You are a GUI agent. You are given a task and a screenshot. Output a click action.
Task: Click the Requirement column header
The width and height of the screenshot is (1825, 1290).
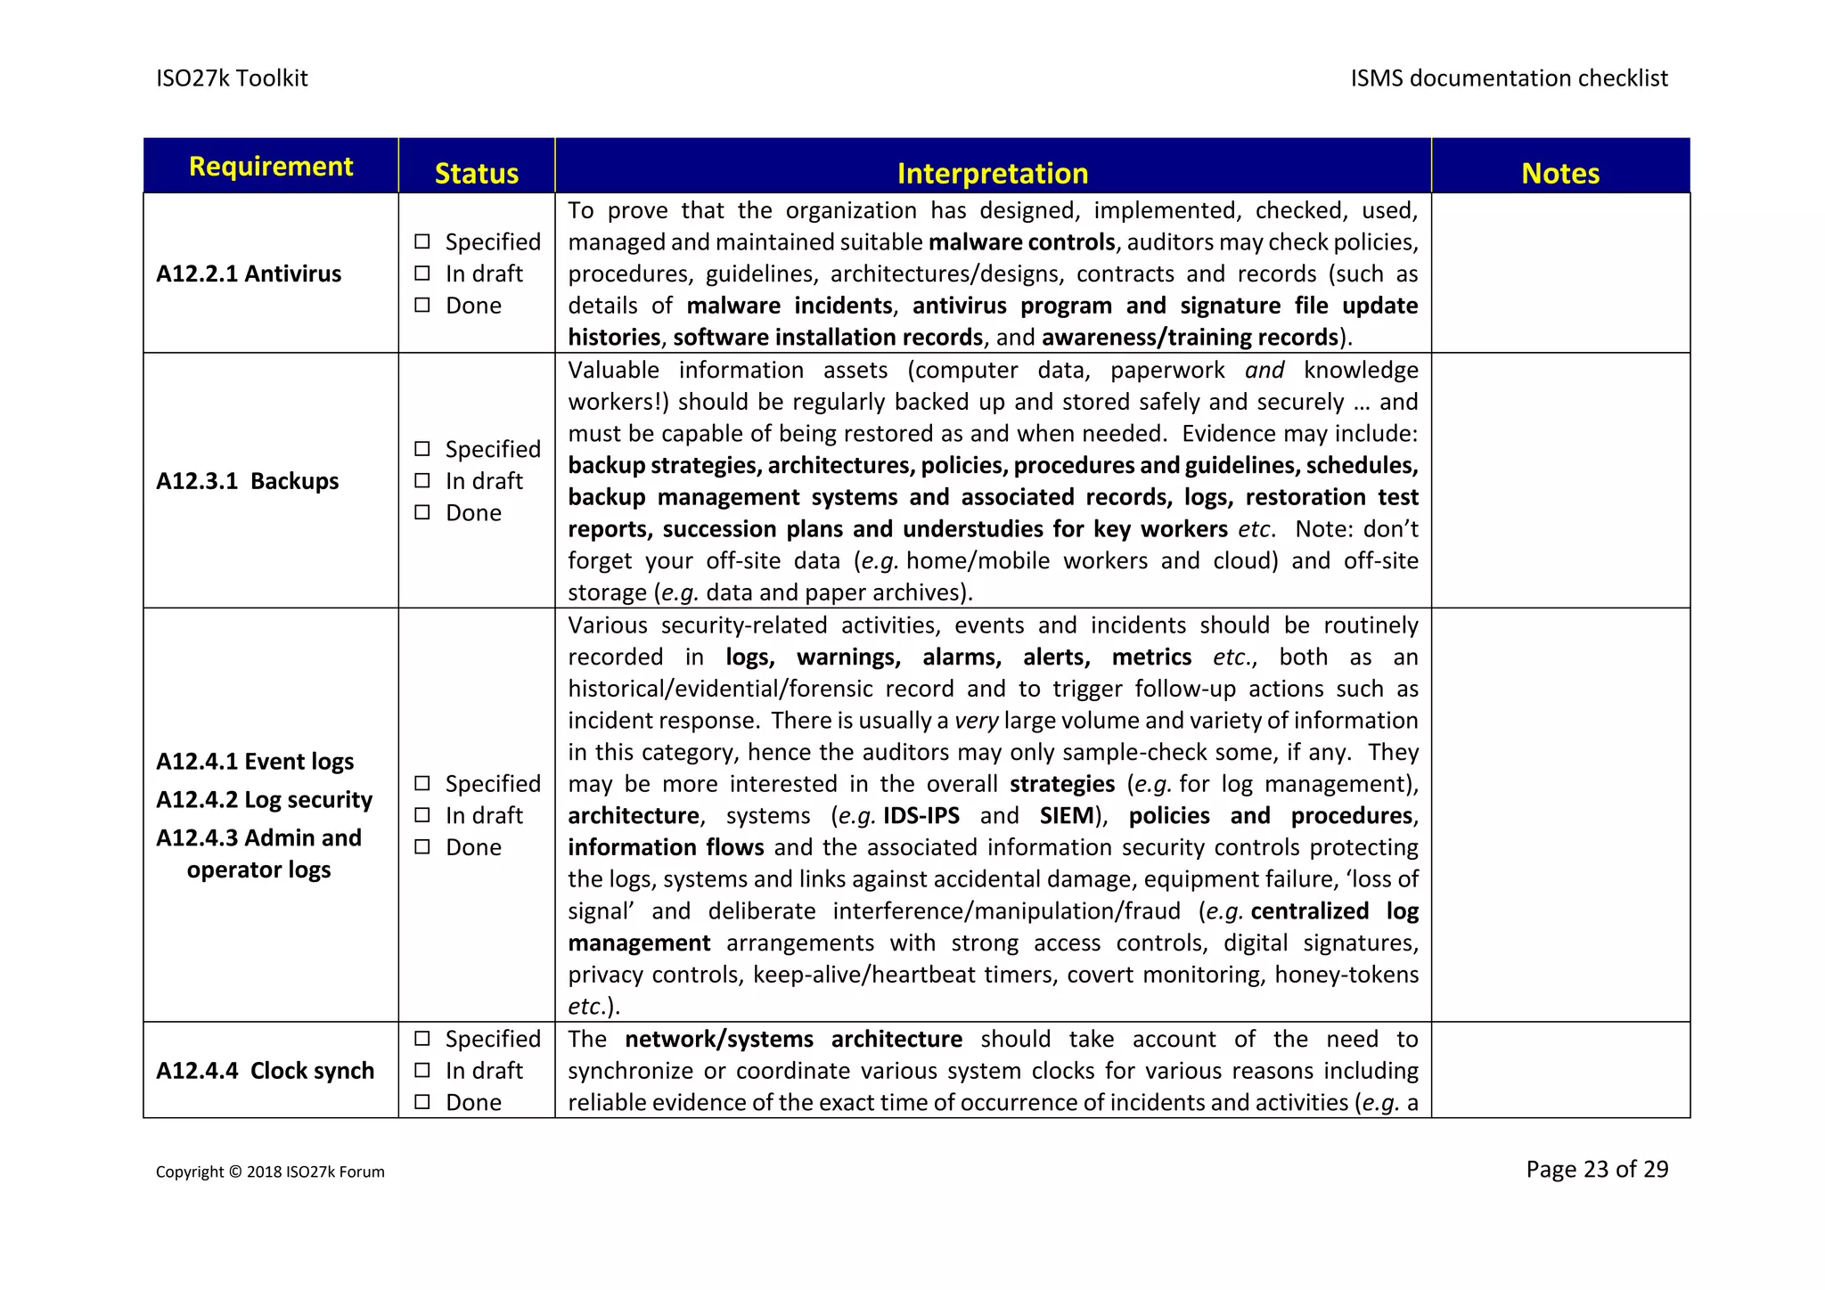click(271, 167)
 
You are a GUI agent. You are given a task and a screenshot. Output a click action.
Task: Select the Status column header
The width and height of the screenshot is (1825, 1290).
click(476, 173)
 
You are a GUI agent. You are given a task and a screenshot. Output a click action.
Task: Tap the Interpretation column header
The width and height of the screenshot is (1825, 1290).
click(992, 173)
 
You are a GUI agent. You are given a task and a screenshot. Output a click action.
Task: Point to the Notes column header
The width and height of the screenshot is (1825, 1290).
click(1559, 173)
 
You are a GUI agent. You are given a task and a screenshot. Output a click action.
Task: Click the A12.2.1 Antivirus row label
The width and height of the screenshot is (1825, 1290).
click(249, 274)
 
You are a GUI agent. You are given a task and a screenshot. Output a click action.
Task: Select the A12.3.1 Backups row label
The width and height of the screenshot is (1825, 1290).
click(248, 481)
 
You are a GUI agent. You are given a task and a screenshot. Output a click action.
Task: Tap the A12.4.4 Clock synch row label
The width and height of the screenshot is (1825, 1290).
click(265, 1071)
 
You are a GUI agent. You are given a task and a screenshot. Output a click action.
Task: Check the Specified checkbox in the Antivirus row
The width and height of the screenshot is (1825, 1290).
click(422, 241)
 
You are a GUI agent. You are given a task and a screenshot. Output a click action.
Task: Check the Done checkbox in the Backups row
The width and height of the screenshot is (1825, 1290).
click(422, 512)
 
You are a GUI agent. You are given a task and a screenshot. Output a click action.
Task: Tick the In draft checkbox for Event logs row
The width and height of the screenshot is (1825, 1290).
click(422, 815)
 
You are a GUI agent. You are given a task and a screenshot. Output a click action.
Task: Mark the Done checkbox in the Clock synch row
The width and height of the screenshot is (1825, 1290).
click(422, 1102)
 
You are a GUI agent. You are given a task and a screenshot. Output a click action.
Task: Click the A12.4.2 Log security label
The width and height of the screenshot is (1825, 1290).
click(264, 800)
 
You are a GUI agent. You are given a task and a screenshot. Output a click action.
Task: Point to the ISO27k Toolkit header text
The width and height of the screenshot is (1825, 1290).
click(232, 78)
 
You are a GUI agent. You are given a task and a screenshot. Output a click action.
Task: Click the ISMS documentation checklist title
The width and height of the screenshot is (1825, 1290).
click(1509, 78)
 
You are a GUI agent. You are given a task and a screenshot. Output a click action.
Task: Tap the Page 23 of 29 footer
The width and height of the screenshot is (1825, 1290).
click(1596, 1169)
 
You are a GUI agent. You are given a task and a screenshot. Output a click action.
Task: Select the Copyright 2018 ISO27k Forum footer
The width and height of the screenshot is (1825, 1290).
click(270, 1172)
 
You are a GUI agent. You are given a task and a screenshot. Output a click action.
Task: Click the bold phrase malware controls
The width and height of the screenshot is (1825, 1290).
click(1021, 242)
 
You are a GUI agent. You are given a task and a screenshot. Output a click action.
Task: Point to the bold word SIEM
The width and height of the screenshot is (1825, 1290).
click(1066, 816)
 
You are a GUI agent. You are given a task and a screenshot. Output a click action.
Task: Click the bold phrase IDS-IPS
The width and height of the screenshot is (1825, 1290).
click(921, 816)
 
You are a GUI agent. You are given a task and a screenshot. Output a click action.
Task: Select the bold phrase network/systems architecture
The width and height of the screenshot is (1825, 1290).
click(793, 1040)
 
